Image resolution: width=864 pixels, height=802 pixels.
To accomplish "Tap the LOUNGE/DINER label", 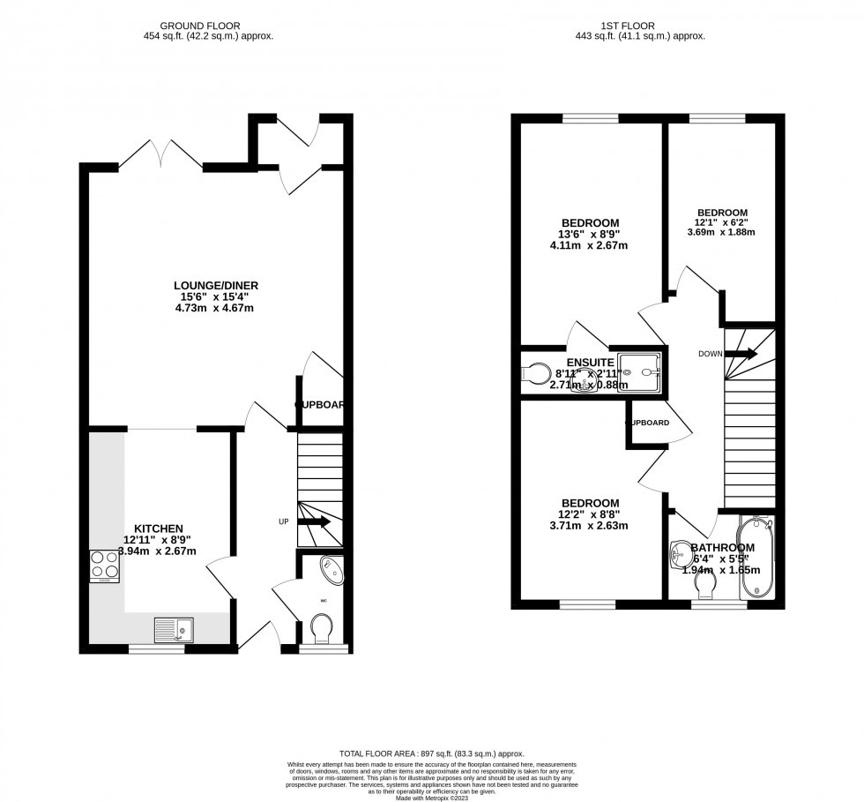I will [x=216, y=285].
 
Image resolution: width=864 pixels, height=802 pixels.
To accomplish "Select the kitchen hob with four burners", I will [x=104, y=566].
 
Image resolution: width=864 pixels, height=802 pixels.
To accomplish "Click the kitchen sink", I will [x=175, y=629].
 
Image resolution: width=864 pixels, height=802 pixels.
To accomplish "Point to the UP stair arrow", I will [x=313, y=521].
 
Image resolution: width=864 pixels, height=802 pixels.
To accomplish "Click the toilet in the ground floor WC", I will [x=322, y=631].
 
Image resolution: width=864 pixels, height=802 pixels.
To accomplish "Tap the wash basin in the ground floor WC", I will [x=331, y=570].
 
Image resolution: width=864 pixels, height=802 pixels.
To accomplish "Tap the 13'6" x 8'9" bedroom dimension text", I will [x=591, y=235].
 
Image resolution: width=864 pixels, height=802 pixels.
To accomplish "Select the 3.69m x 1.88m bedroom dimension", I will [x=722, y=233].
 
